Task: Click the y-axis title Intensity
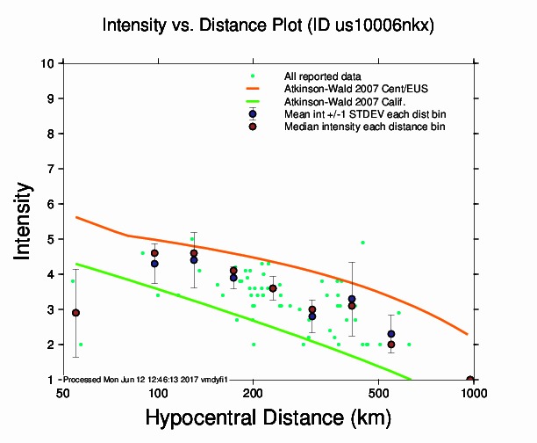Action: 25,221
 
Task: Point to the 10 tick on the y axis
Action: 51,63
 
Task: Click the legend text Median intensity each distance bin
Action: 364,127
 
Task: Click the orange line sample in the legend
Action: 253,89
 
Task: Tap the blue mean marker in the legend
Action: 253,113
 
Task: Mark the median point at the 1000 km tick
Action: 471,380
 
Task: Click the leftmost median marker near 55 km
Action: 75,312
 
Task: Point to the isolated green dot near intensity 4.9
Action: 362,243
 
